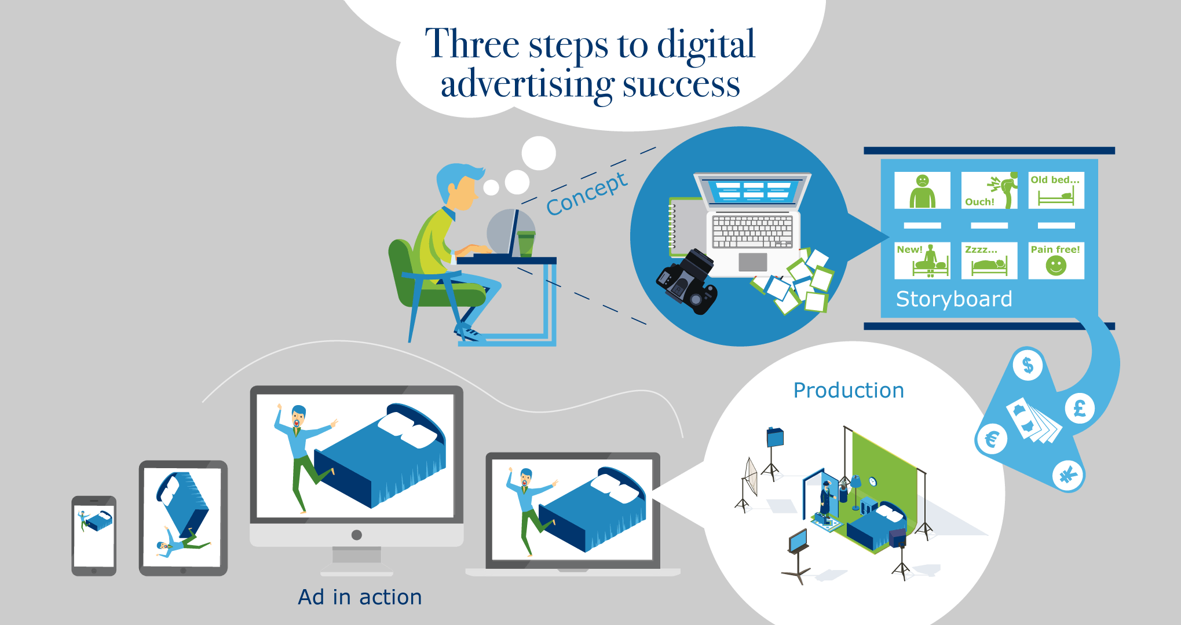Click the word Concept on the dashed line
(x=587, y=193)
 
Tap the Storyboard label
(x=954, y=299)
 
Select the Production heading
(x=849, y=391)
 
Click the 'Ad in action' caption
(x=360, y=597)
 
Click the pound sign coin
(x=1080, y=409)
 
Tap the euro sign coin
(x=992, y=439)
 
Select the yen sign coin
(x=1067, y=476)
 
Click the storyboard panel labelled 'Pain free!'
(x=1056, y=260)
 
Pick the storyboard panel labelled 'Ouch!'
(x=989, y=190)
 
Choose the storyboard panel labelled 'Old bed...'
(x=1056, y=190)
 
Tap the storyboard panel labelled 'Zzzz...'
(x=989, y=260)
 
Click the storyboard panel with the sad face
(x=922, y=190)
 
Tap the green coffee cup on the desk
(x=525, y=244)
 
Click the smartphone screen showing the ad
(x=94, y=536)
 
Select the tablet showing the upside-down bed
(x=183, y=518)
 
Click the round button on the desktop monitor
(x=357, y=535)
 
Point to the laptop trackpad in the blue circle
(x=753, y=262)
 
